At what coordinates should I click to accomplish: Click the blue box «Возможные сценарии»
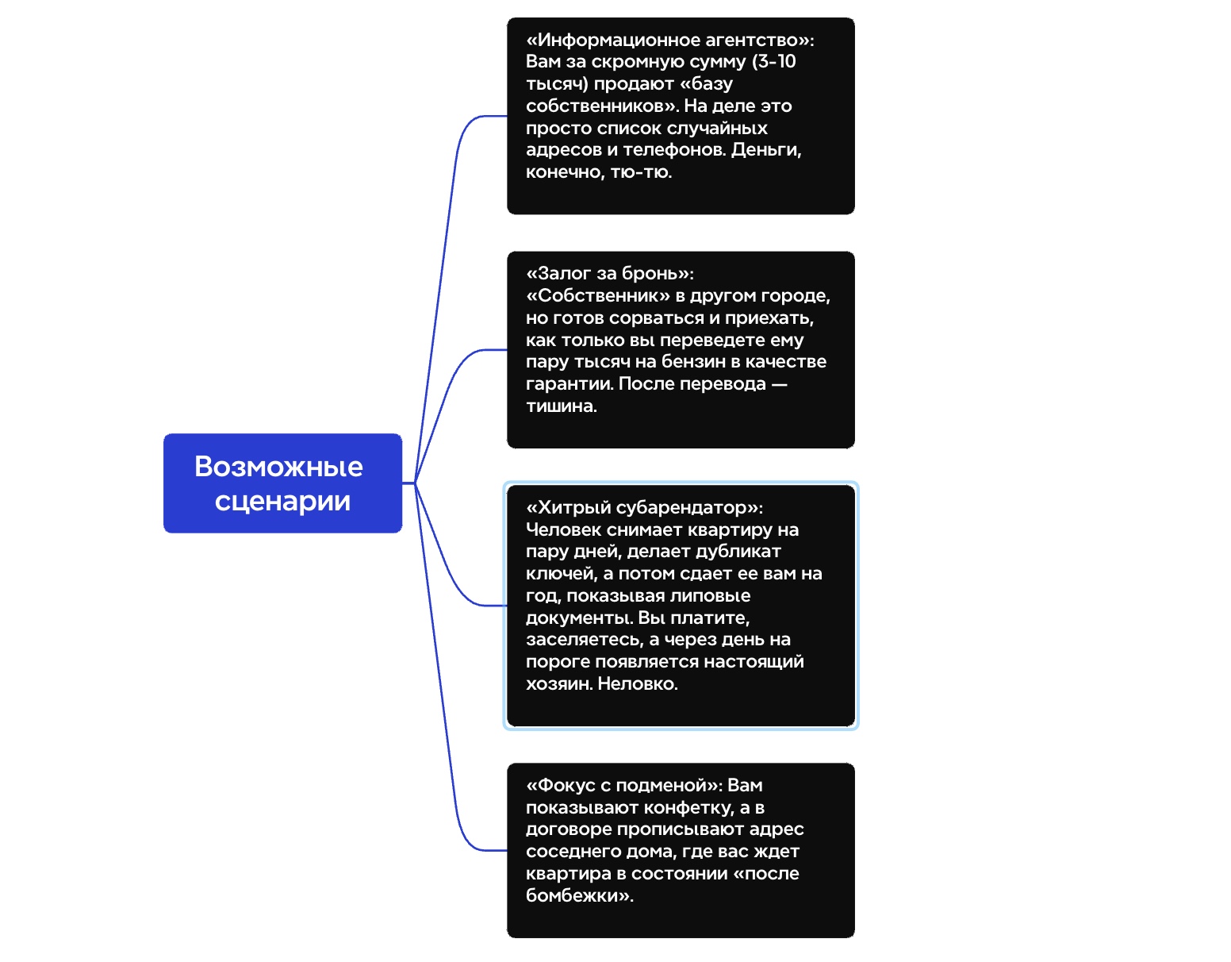click(282, 483)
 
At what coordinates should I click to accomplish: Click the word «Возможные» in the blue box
click(278, 467)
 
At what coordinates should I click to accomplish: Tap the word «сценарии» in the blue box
click(282, 501)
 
